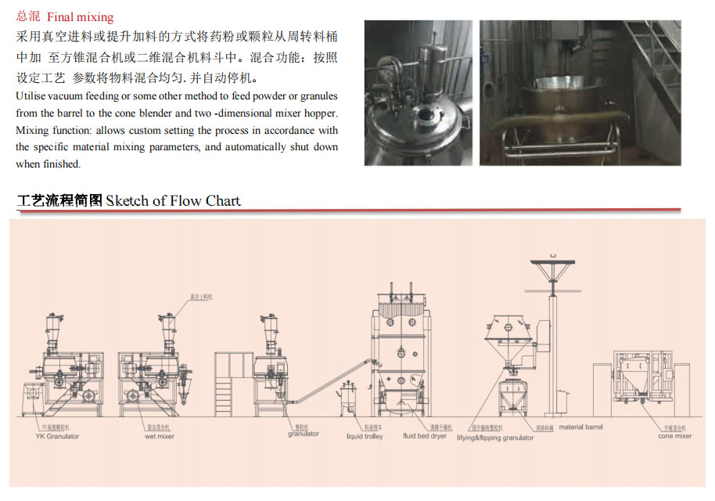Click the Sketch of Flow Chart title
[x=173, y=200]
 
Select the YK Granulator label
[x=57, y=436]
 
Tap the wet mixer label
[x=160, y=436]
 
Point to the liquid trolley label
[x=365, y=436]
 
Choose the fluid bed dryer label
[x=425, y=436]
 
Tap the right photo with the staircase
[x=580, y=92]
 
